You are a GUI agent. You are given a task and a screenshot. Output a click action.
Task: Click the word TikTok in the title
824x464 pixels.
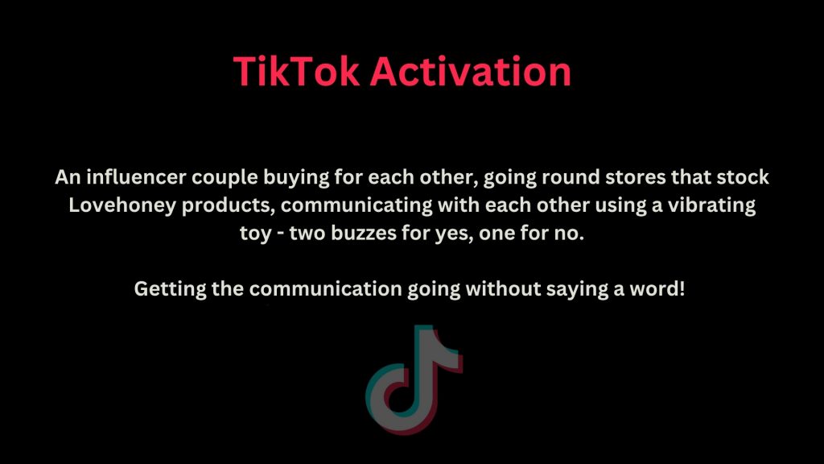(297, 71)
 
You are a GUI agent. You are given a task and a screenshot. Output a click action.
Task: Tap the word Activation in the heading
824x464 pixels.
(471, 71)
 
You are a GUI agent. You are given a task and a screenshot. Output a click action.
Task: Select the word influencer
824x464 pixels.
(136, 176)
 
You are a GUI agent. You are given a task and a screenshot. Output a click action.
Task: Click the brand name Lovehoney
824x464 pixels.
(122, 206)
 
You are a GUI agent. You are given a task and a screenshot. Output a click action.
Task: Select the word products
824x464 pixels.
(228, 206)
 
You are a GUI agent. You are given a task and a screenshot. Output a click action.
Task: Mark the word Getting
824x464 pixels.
(171, 290)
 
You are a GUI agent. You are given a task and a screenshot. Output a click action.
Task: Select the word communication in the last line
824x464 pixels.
(326, 288)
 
